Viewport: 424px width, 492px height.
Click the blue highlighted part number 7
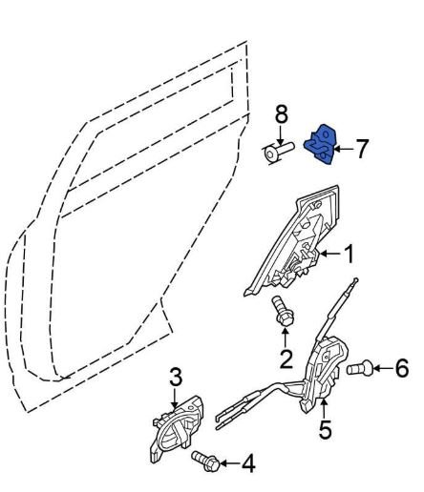pyautogui.click(x=320, y=145)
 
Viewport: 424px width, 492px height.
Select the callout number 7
pyautogui.click(x=361, y=149)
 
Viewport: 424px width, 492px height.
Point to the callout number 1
pyautogui.click(x=349, y=254)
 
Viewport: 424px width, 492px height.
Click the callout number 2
pyautogui.click(x=286, y=359)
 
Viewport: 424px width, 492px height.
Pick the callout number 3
pyautogui.click(x=176, y=378)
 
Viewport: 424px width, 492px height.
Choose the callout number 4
pyautogui.click(x=248, y=463)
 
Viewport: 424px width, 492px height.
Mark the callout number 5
pyautogui.click(x=325, y=429)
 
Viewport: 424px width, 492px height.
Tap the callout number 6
pyautogui.click(x=401, y=368)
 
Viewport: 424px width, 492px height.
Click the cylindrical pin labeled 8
pyautogui.click(x=278, y=152)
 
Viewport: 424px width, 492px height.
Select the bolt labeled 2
pyautogui.click(x=283, y=311)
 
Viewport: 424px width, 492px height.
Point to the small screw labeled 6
pyautogui.click(x=360, y=368)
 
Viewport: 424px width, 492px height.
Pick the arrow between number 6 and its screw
pyautogui.click(x=383, y=368)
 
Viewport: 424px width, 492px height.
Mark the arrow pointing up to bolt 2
pyautogui.click(x=286, y=338)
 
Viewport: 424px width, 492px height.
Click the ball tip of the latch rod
pyautogui.click(x=356, y=280)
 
